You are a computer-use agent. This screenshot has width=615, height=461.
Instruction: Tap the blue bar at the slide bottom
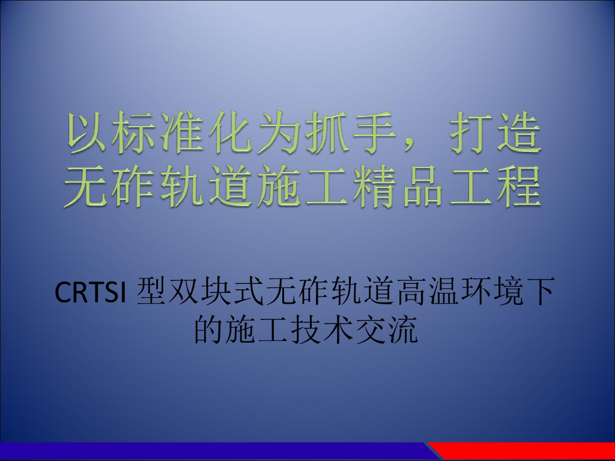[x=210, y=451]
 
